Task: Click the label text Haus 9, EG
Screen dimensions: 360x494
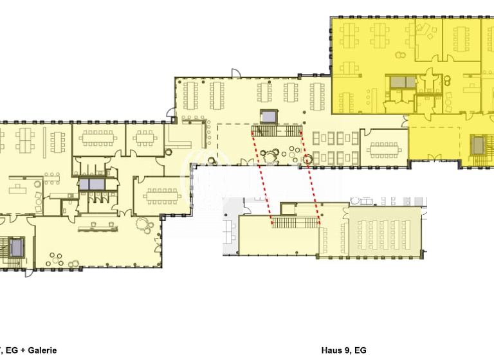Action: [x=344, y=350]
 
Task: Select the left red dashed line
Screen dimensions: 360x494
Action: [x=263, y=177]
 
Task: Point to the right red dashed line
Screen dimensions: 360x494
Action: [x=311, y=177]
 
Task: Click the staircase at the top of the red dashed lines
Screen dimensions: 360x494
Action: [x=277, y=131]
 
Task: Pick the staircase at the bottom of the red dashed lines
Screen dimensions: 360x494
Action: [x=295, y=222]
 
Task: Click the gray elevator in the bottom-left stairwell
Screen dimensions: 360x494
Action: [x=15, y=248]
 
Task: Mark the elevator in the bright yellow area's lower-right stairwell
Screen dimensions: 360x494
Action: [x=479, y=145]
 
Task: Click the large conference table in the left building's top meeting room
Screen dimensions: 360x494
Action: [x=98, y=138]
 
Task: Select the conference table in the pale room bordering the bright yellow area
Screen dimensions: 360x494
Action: [x=384, y=148]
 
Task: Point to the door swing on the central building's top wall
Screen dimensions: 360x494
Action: [x=236, y=73]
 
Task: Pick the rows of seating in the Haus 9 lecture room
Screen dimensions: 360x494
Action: [x=384, y=234]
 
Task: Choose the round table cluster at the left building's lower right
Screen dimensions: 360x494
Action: [x=143, y=222]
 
